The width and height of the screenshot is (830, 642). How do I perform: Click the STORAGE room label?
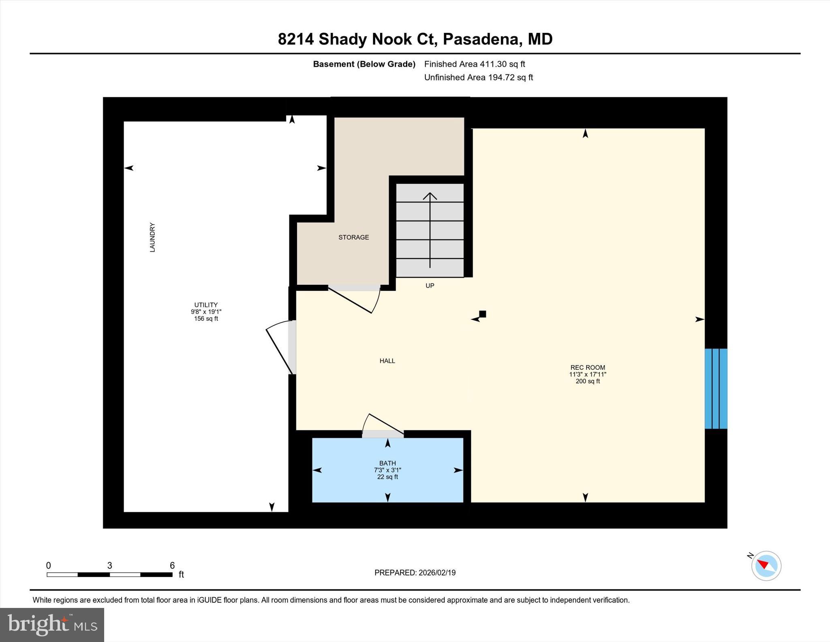click(x=353, y=237)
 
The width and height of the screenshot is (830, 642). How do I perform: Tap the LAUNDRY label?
click(x=152, y=237)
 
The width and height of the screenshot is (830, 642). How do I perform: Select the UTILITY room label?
click(x=206, y=305)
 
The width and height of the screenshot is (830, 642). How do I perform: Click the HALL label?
click(x=387, y=361)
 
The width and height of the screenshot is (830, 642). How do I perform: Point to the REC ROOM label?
click(x=587, y=367)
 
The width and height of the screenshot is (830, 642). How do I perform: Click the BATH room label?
click(x=387, y=463)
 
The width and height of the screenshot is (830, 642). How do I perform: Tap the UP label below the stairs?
click(x=430, y=286)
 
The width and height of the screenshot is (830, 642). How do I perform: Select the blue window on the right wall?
click(x=716, y=389)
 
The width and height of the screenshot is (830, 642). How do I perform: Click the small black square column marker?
click(x=482, y=314)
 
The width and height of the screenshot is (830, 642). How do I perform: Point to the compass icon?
click(x=766, y=566)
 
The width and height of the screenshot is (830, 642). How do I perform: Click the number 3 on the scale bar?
click(x=109, y=565)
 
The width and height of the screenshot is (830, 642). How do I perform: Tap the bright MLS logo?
click(x=52, y=625)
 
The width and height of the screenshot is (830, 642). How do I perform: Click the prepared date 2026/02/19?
click(x=437, y=573)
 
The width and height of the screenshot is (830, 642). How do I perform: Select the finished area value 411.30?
click(x=492, y=64)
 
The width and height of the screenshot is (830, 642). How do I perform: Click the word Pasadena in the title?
click(x=480, y=39)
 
